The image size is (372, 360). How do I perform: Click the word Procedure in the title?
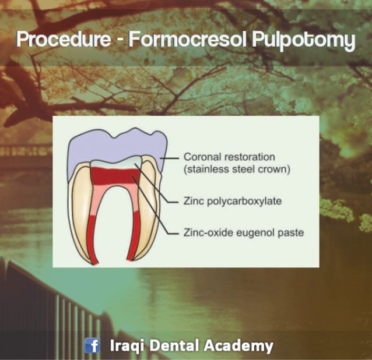click(x=64, y=40)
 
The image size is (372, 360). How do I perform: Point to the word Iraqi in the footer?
click(x=125, y=346)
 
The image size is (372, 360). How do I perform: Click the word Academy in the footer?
click(x=238, y=346)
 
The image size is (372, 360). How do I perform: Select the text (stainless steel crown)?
click(x=237, y=170)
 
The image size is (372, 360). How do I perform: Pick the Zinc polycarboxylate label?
click(x=233, y=201)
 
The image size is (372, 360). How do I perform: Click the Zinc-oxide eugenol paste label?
click(x=244, y=232)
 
